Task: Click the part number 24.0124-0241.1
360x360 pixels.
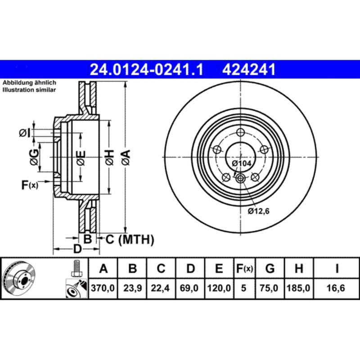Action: [x=146, y=70]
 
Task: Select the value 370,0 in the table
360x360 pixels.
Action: [x=103, y=288]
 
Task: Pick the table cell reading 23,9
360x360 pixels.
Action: [x=132, y=288]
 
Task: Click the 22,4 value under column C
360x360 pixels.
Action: [x=161, y=288]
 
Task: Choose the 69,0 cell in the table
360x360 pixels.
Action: [x=191, y=288]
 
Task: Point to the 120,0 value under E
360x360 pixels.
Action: [x=219, y=288]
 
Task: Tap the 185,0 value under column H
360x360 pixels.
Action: [x=298, y=288]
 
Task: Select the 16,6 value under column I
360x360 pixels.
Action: [x=336, y=288]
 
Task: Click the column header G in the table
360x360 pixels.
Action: [x=270, y=269]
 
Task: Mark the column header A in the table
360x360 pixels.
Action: [x=103, y=269]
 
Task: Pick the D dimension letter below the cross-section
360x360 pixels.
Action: [x=77, y=249]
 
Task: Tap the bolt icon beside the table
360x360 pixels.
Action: [x=76, y=269]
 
